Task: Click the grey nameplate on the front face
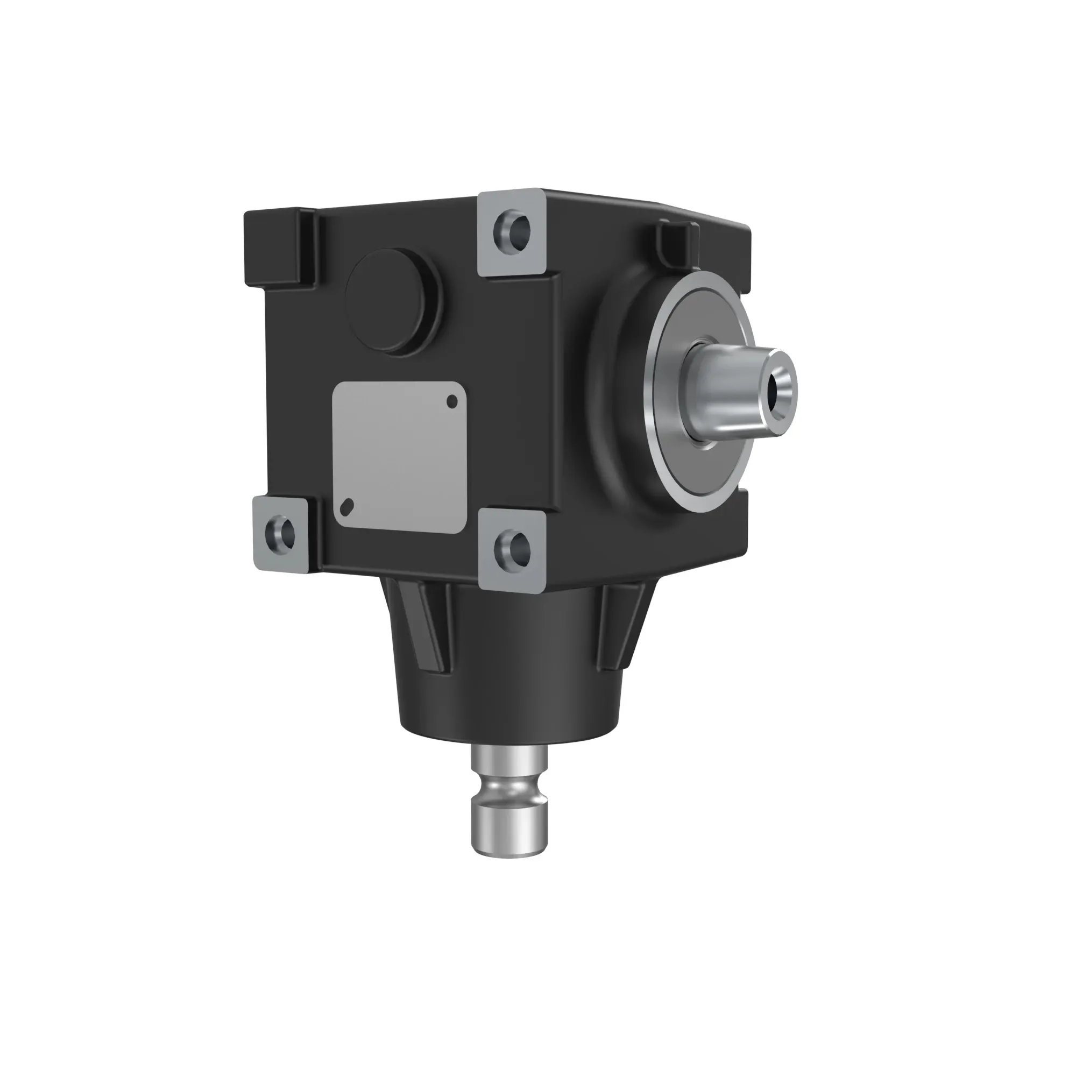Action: (x=399, y=457)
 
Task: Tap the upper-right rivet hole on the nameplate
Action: (x=452, y=401)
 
